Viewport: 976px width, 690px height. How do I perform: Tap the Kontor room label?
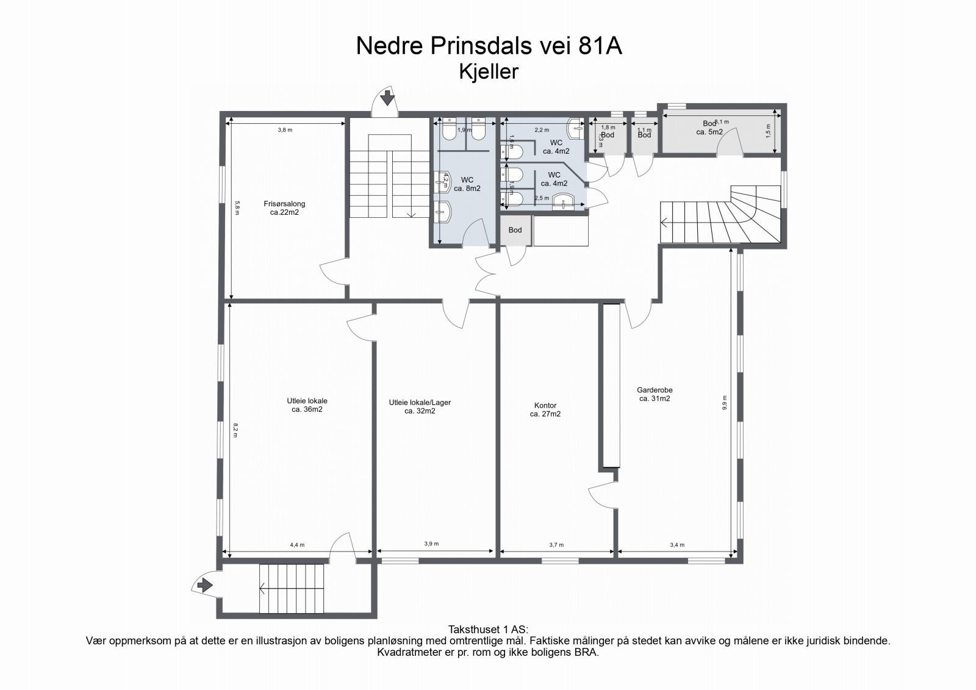point(545,409)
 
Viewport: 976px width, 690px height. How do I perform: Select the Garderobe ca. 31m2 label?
point(655,394)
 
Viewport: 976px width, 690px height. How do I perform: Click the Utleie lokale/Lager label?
point(420,406)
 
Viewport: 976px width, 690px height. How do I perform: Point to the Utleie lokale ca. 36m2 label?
point(307,405)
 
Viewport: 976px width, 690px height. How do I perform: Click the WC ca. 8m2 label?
point(467,184)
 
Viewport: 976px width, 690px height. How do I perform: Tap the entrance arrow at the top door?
point(387,98)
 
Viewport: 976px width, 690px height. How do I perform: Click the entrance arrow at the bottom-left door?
point(204,585)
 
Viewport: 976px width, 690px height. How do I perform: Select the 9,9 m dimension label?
point(725,403)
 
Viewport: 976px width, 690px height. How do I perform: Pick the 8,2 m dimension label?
point(235,430)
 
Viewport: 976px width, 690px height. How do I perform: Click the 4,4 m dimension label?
point(297,545)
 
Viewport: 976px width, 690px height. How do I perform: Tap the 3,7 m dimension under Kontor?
point(556,545)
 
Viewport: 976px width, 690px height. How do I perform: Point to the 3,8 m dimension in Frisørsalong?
point(285,130)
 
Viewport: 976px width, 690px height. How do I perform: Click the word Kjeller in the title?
point(488,71)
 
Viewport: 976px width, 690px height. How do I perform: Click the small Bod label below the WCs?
point(515,230)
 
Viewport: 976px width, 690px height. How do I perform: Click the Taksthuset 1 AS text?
point(488,629)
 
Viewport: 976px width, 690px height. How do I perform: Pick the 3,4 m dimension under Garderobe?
point(676,545)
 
